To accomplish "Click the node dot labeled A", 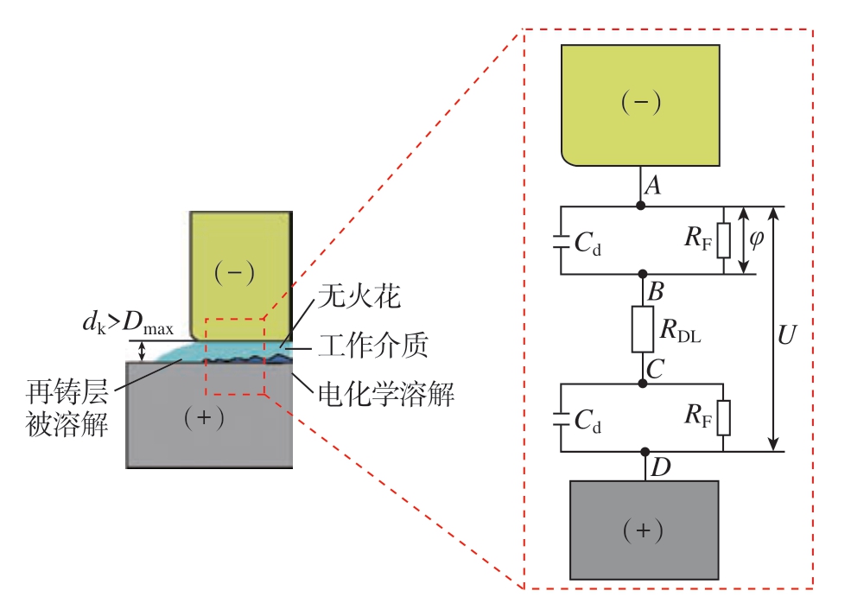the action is point(640,206).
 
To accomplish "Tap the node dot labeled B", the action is point(643,274).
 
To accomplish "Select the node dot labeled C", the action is point(643,384).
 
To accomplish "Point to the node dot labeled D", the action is point(645,452).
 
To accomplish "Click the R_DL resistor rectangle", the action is point(643,329).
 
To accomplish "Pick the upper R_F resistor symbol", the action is point(723,240).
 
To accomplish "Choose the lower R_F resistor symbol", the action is point(723,418).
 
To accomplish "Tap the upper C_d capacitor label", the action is point(587,243).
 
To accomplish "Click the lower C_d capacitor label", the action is point(587,422).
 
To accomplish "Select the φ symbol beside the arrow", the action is point(756,238).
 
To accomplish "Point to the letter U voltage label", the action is point(786,335).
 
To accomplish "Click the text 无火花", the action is point(359,296).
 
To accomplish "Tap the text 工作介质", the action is point(373,346).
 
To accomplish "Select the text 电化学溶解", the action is point(386,394).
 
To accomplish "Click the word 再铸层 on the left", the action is point(67,392).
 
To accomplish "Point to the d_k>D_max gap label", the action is point(128,323).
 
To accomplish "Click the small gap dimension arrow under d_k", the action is point(143,351).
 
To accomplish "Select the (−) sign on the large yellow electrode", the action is point(641,102).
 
